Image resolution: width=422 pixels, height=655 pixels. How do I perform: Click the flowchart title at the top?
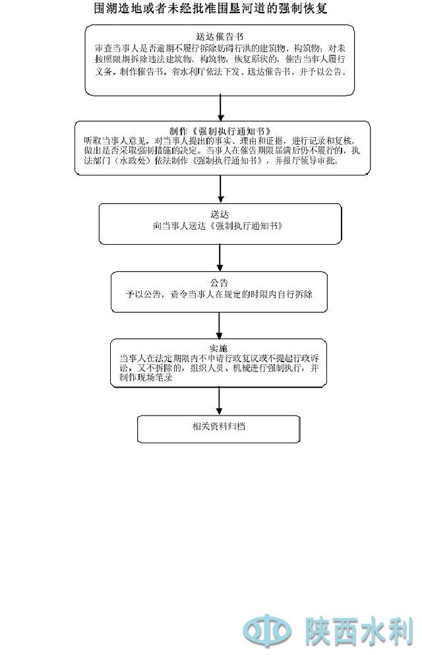(211, 9)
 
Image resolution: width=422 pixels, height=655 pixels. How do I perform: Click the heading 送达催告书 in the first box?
(220, 36)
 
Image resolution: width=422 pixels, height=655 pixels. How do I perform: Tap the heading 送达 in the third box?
(220, 214)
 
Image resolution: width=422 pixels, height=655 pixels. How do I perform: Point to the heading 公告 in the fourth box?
(220, 282)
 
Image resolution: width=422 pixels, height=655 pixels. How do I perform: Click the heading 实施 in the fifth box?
(219, 348)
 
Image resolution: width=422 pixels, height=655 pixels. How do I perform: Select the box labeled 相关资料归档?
(219, 427)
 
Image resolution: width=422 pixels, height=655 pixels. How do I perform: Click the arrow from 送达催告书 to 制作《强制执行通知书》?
(220, 108)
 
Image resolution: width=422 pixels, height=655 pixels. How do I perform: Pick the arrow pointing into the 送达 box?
(220, 189)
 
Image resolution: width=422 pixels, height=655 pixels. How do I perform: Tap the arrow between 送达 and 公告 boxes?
(220, 258)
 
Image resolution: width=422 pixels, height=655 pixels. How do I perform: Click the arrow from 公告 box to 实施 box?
(220, 325)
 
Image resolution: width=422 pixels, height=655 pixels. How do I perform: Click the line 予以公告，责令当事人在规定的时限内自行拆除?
(220, 294)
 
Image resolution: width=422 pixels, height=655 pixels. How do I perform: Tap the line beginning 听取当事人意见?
(220, 141)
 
